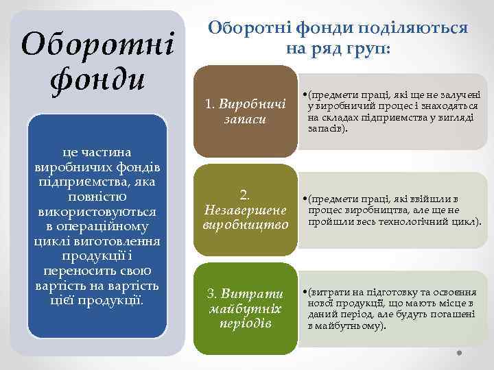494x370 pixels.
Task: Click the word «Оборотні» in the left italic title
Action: coord(97,45)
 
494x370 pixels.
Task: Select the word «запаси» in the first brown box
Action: coord(244,119)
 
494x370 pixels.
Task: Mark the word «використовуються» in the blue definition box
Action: coord(97,212)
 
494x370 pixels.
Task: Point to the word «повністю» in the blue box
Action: coord(97,197)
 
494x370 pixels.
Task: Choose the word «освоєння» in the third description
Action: coord(448,291)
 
